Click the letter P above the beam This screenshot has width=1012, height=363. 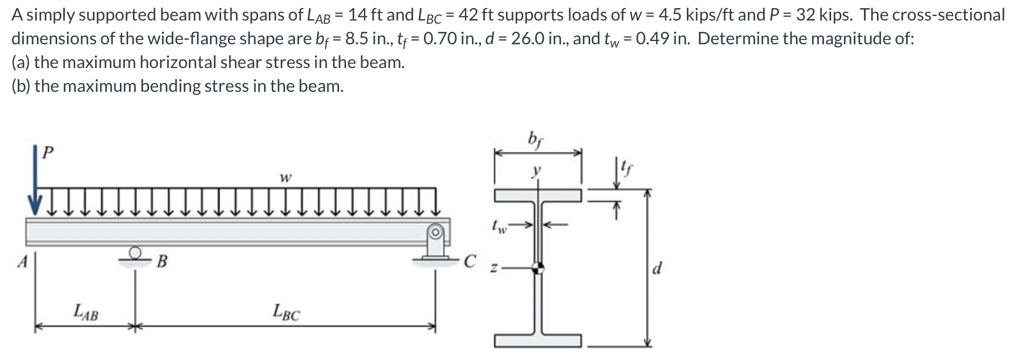pos(48,152)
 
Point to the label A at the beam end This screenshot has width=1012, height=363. pos(22,262)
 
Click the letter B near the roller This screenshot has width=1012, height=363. pos(161,262)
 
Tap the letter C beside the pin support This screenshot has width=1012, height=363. pos(470,261)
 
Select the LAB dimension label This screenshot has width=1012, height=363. pos(86,312)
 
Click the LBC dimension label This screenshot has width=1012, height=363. pos(286,312)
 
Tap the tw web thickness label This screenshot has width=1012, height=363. pos(500,225)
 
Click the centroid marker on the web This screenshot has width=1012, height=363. pos(538,267)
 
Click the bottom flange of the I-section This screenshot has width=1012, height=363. pos(538,340)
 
